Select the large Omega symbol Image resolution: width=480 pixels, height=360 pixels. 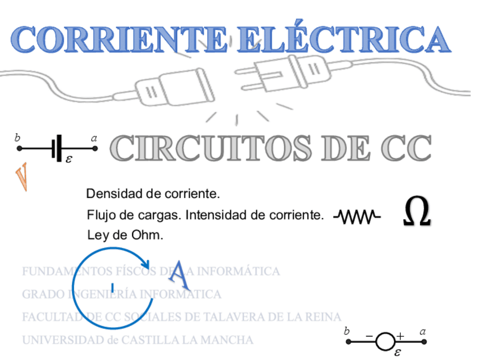(417, 213)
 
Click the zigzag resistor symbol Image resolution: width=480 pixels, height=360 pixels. (357, 216)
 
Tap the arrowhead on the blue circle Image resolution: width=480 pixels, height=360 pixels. (145, 263)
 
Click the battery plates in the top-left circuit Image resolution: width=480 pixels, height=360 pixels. (57, 148)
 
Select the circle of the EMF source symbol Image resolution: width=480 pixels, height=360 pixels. (385, 341)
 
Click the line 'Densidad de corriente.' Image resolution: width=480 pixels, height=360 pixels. (153, 194)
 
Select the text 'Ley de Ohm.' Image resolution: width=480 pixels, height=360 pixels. (125, 235)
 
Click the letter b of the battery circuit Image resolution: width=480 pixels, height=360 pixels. (18, 138)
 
